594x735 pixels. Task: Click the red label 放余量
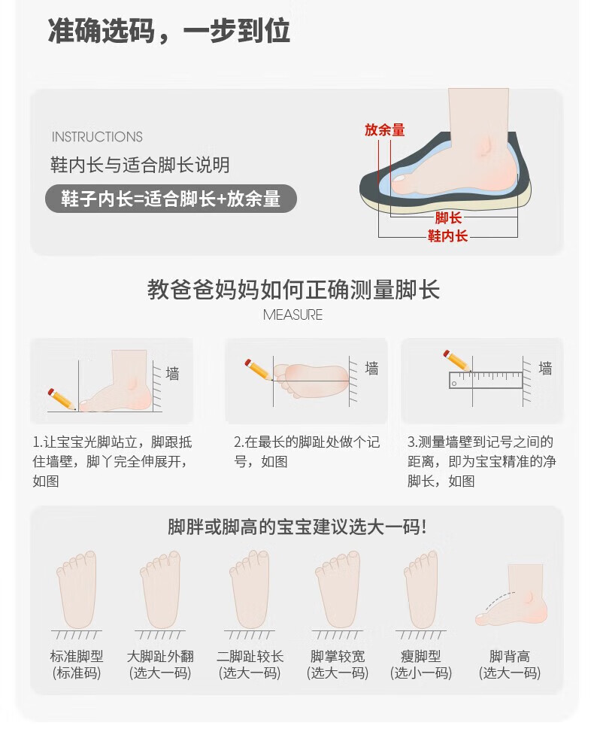pyautogui.click(x=385, y=130)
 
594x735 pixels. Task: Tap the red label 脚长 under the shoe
pyautogui.click(x=448, y=218)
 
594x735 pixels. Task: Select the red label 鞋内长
pyautogui.click(x=447, y=235)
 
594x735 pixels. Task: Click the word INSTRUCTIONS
pyautogui.click(x=97, y=137)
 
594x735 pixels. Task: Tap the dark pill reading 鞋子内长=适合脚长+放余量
pyautogui.click(x=171, y=199)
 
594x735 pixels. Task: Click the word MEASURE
pyautogui.click(x=292, y=314)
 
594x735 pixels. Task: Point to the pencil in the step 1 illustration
pyautogui.click(x=62, y=399)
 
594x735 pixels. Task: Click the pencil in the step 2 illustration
pyautogui.click(x=258, y=369)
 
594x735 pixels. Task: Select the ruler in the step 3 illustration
pyautogui.click(x=486, y=380)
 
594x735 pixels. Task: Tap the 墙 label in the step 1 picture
pyautogui.click(x=172, y=374)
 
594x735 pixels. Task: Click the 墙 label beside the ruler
pyautogui.click(x=545, y=369)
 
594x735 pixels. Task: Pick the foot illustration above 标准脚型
pyautogui.click(x=77, y=589)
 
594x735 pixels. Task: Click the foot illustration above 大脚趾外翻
pyautogui.click(x=160, y=589)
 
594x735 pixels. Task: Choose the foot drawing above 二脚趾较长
pyautogui.click(x=249, y=589)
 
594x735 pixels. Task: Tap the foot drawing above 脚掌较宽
pyautogui.click(x=338, y=589)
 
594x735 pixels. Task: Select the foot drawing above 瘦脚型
pyautogui.click(x=421, y=589)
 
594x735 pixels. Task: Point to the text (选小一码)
pyautogui.click(x=421, y=673)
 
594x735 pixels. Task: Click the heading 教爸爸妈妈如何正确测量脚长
pyautogui.click(x=293, y=289)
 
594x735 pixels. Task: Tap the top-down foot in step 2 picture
pyautogui.click(x=311, y=381)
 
